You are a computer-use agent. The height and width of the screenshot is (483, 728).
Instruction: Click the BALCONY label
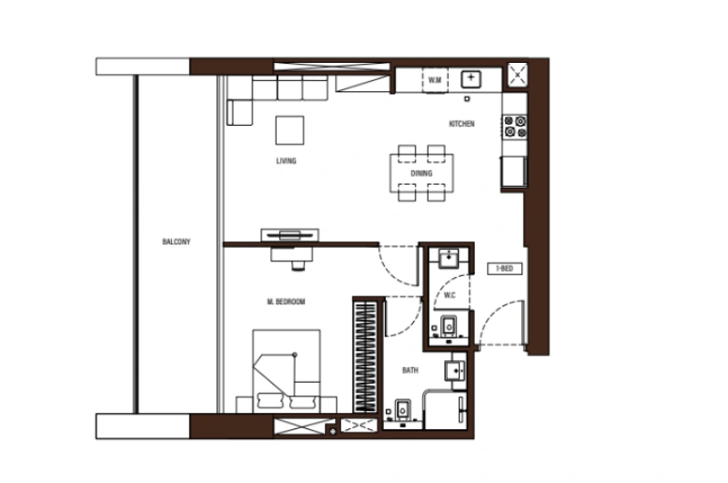(x=177, y=241)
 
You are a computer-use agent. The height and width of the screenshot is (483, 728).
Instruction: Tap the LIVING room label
(x=287, y=160)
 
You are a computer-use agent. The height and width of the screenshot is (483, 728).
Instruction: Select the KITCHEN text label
(x=461, y=124)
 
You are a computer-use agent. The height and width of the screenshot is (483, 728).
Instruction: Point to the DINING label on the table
(x=420, y=172)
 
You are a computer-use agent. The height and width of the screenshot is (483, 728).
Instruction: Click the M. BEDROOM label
(x=286, y=302)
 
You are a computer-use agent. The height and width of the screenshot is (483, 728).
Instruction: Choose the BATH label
(x=410, y=371)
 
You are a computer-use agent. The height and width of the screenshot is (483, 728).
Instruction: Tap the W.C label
(x=449, y=294)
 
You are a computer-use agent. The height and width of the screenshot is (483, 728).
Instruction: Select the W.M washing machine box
(x=435, y=80)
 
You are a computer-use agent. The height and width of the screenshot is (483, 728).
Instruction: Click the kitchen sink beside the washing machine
(x=470, y=79)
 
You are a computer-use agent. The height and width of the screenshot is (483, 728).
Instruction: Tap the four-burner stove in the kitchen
(x=514, y=127)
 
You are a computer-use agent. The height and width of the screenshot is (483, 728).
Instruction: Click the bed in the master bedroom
(x=287, y=369)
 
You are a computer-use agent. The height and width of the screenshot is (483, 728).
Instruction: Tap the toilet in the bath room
(x=401, y=412)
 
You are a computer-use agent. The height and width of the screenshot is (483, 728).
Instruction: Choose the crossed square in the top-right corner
(x=517, y=73)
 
